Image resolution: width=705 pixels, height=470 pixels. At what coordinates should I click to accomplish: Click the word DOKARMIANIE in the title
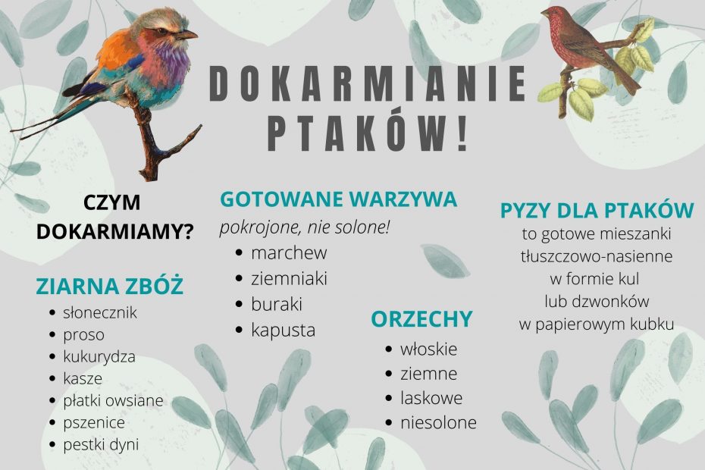(x=368, y=83)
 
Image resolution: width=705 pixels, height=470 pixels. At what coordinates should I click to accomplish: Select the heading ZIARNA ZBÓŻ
(x=110, y=286)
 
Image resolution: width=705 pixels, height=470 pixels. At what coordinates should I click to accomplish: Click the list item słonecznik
(x=100, y=312)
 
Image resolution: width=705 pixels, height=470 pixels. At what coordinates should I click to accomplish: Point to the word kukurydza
(x=99, y=356)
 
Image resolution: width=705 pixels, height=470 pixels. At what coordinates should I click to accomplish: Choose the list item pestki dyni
(x=101, y=444)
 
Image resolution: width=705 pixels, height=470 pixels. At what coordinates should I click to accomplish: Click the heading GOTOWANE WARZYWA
(x=339, y=199)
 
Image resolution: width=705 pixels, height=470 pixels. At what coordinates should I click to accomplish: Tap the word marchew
(x=289, y=252)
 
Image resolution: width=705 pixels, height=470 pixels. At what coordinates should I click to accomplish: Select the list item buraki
(x=277, y=305)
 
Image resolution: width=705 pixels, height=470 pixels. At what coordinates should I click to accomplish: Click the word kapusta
(x=284, y=330)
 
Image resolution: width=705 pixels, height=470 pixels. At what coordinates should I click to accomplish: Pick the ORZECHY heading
(x=421, y=319)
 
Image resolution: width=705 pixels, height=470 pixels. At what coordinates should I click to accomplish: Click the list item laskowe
(x=431, y=397)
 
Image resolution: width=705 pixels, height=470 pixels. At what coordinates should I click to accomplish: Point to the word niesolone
(x=438, y=423)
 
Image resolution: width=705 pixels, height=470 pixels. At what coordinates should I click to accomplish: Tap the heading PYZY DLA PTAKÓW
(x=597, y=211)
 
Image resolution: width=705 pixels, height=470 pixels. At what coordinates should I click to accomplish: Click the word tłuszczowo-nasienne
(x=597, y=256)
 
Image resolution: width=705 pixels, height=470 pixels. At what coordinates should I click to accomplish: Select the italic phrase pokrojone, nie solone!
(x=305, y=227)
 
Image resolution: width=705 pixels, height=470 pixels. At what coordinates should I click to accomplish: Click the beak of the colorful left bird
(x=187, y=34)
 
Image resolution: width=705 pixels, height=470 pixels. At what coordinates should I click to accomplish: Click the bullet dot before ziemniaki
(x=240, y=279)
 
